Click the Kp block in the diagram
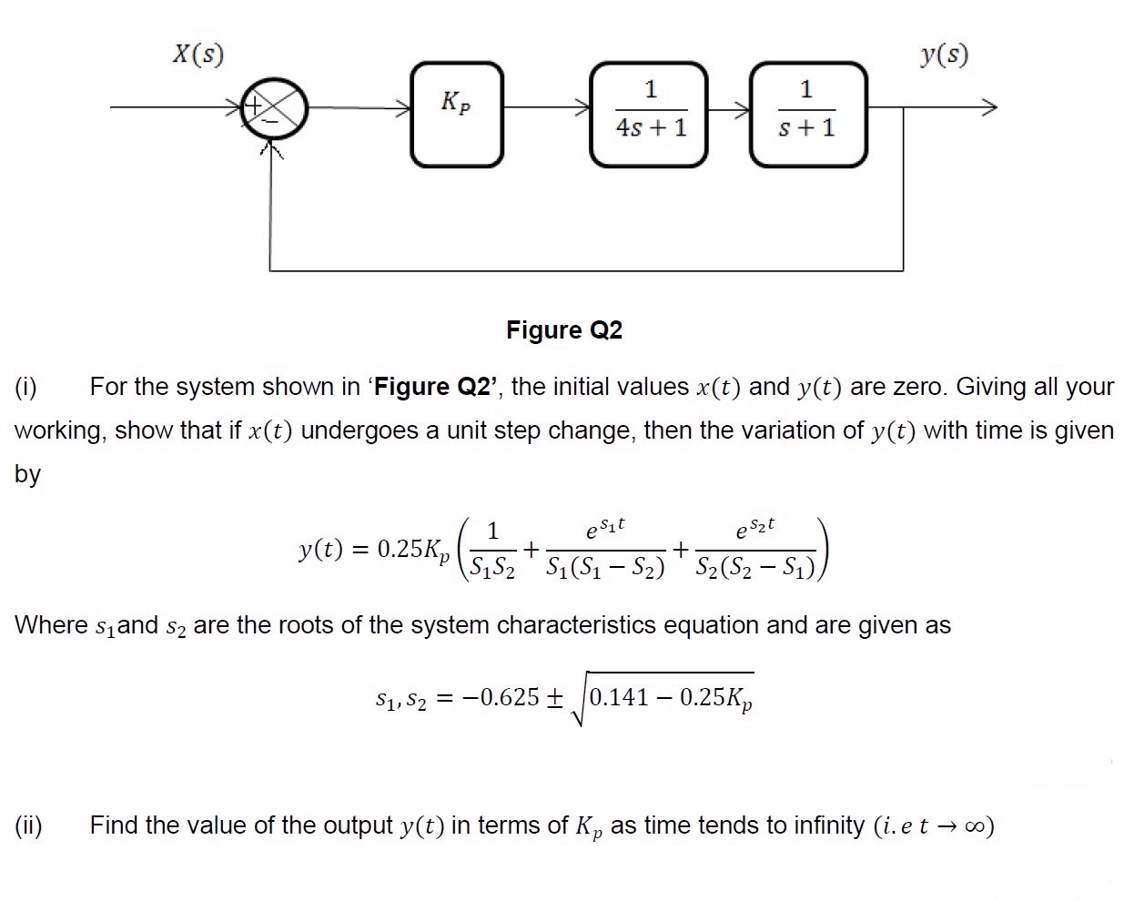pyautogui.click(x=456, y=115)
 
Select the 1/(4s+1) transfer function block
pyautogui.click(x=650, y=115)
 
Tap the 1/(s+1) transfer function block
pyautogui.click(x=807, y=115)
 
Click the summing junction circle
pyautogui.click(x=275, y=107)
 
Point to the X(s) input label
pyautogui.click(x=198, y=56)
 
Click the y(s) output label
pyautogui.click(x=944, y=56)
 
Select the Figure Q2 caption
pyautogui.click(x=564, y=329)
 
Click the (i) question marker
pyautogui.click(x=25, y=387)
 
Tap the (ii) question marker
pyautogui.click(x=28, y=825)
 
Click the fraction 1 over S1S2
pyautogui.click(x=491, y=550)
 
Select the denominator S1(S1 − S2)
pyautogui.click(x=605, y=569)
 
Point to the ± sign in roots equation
pyautogui.click(x=553, y=698)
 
